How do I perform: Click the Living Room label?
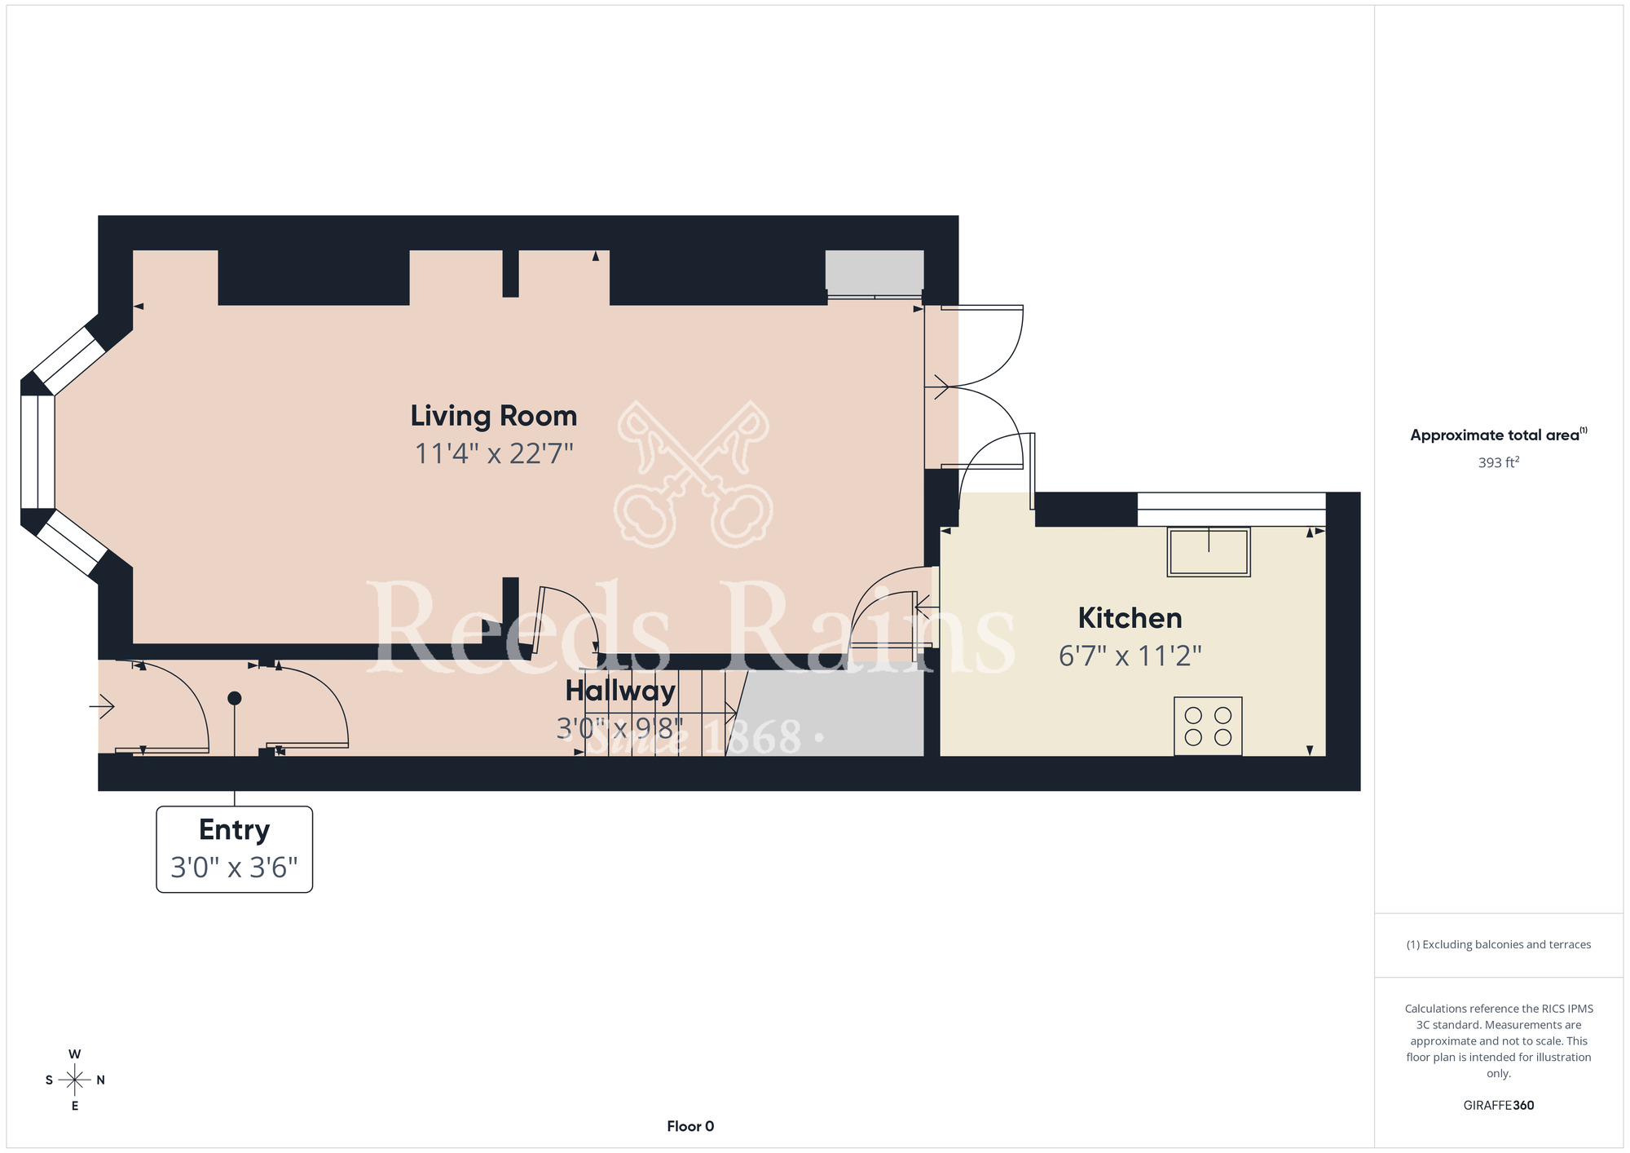pyautogui.click(x=494, y=416)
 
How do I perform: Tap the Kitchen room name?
pyautogui.click(x=1130, y=618)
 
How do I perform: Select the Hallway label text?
pyautogui.click(x=620, y=691)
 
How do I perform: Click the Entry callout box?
pyautogui.click(x=235, y=849)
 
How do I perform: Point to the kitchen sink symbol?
pyautogui.click(x=1209, y=552)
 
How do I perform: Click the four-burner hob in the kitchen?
pyautogui.click(x=1208, y=726)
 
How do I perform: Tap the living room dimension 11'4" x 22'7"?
pyautogui.click(x=494, y=453)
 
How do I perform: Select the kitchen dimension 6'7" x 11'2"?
pyautogui.click(x=1130, y=656)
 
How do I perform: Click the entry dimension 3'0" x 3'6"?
pyautogui.click(x=235, y=868)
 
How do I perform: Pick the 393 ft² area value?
pyautogui.click(x=1499, y=462)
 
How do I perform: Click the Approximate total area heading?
pyautogui.click(x=1499, y=435)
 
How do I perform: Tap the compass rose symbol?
pyautogui.click(x=75, y=1080)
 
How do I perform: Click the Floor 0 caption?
pyautogui.click(x=690, y=1126)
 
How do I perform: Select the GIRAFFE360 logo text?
pyautogui.click(x=1499, y=1106)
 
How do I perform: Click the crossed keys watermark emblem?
pyautogui.click(x=694, y=475)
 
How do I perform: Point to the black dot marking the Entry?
pyautogui.click(x=235, y=698)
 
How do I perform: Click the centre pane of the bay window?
pyautogui.click(x=37, y=452)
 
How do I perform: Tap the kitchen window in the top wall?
pyautogui.click(x=1231, y=510)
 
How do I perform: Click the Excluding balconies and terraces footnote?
pyautogui.click(x=1499, y=944)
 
